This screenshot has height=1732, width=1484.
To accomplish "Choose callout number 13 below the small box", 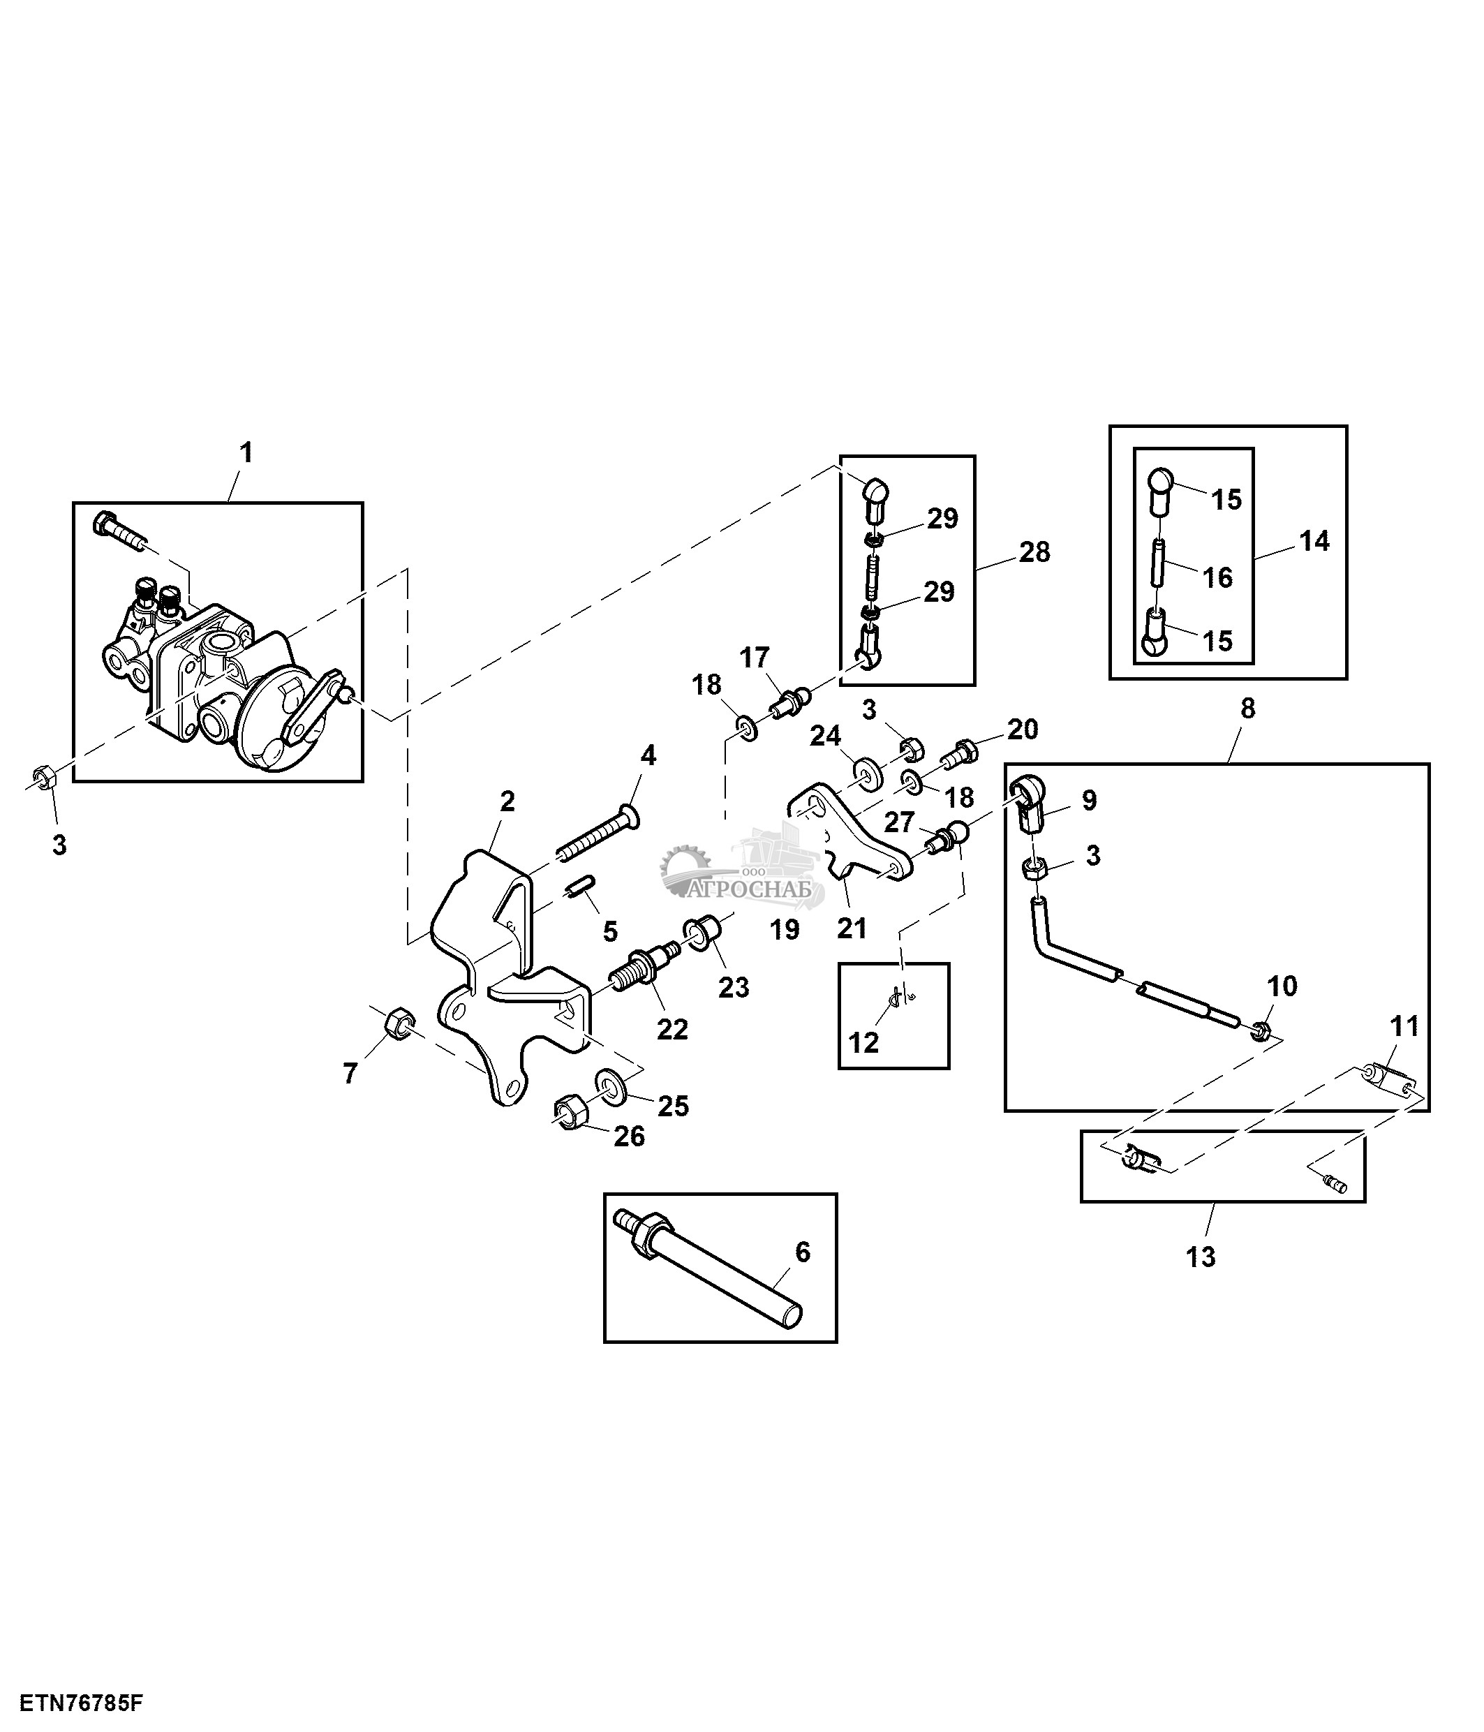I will coord(1201,1257).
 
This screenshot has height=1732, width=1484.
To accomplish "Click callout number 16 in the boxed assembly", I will coord(1217,577).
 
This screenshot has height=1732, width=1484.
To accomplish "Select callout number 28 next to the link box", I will coord(1034,552).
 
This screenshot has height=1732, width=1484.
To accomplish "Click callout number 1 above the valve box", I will coord(246,453).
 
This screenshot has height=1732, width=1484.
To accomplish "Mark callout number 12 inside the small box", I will coord(863,1042).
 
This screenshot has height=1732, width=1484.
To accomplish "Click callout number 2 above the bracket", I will coord(506,801).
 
